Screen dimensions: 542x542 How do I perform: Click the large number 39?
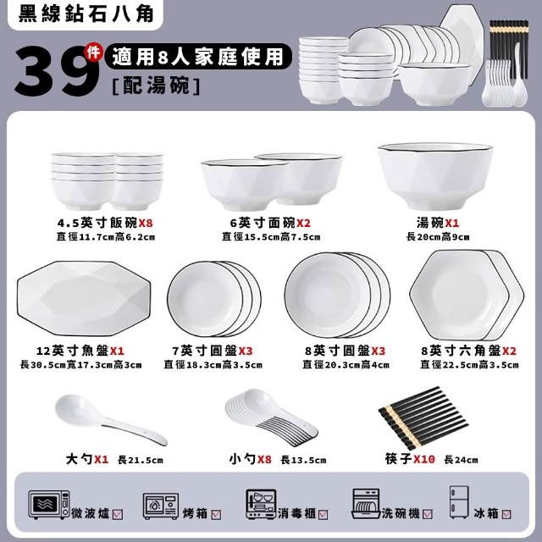[x=57, y=71]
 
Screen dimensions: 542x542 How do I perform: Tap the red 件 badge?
[x=93, y=53]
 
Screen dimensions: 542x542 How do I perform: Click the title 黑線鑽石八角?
[x=86, y=14]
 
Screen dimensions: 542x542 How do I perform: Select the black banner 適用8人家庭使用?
[x=198, y=57]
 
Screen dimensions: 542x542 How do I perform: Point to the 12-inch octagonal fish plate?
[x=84, y=298]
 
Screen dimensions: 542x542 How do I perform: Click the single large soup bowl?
[x=435, y=176]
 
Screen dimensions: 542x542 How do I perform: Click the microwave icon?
[x=49, y=505]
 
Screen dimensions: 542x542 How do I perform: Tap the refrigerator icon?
[x=459, y=502]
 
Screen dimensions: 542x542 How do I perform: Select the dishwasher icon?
[x=366, y=504]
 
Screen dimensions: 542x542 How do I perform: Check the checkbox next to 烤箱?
[x=216, y=515]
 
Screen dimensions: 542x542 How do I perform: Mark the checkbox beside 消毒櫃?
[x=323, y=515]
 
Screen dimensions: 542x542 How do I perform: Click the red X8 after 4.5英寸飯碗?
[x=146, y=223]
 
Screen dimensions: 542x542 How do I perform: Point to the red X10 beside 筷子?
[x=424, y=459]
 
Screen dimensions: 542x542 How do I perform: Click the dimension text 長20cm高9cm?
[x=438, y=237]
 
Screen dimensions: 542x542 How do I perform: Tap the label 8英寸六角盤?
[x=461, y=351]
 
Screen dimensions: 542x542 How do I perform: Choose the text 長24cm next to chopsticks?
[x=461, y=460]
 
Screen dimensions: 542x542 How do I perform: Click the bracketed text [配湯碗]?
[x=156, y=86]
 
